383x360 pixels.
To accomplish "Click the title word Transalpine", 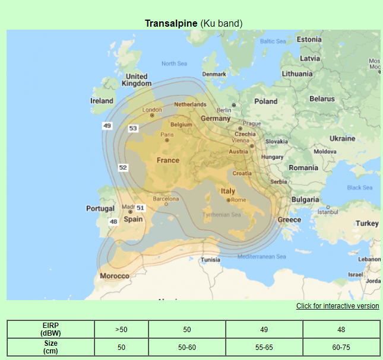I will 171,23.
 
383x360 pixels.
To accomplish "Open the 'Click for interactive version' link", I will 337,306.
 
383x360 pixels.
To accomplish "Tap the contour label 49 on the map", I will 107,126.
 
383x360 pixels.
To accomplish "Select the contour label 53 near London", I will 133,128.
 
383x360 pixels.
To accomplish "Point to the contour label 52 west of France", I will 123,168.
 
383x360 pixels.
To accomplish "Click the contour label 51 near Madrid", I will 140,208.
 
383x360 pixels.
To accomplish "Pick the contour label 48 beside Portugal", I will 113,221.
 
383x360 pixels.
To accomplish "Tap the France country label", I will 167,160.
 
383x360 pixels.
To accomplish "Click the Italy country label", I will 228,191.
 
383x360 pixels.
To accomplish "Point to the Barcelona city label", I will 166,199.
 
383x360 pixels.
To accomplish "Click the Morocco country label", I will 114,276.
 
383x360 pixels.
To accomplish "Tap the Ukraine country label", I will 342,138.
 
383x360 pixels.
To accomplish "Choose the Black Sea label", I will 359,187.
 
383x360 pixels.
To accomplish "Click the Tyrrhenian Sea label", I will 221,215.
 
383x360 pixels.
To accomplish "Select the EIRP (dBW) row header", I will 50,329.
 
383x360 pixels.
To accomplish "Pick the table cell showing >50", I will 121,329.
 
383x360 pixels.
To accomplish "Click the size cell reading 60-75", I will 341,347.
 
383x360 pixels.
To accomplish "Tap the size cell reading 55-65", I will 264,347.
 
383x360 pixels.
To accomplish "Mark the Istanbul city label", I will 327,212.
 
